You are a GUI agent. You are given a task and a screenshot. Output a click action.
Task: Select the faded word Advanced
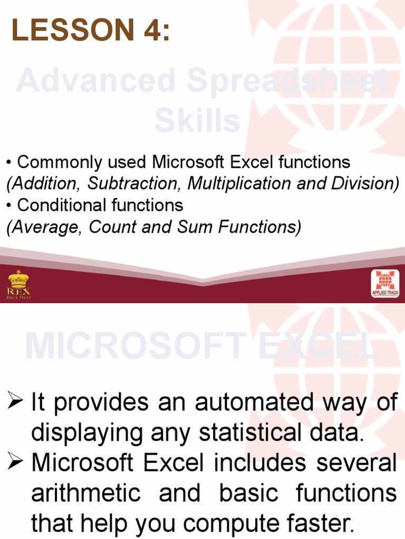(95, 82)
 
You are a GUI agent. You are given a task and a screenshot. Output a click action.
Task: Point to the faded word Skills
(197, 121)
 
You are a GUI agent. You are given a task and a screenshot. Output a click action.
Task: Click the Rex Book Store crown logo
(18, 285)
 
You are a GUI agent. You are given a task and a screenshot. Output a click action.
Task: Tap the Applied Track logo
(385, 284)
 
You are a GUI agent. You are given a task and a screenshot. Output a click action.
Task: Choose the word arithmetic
(86, 493)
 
